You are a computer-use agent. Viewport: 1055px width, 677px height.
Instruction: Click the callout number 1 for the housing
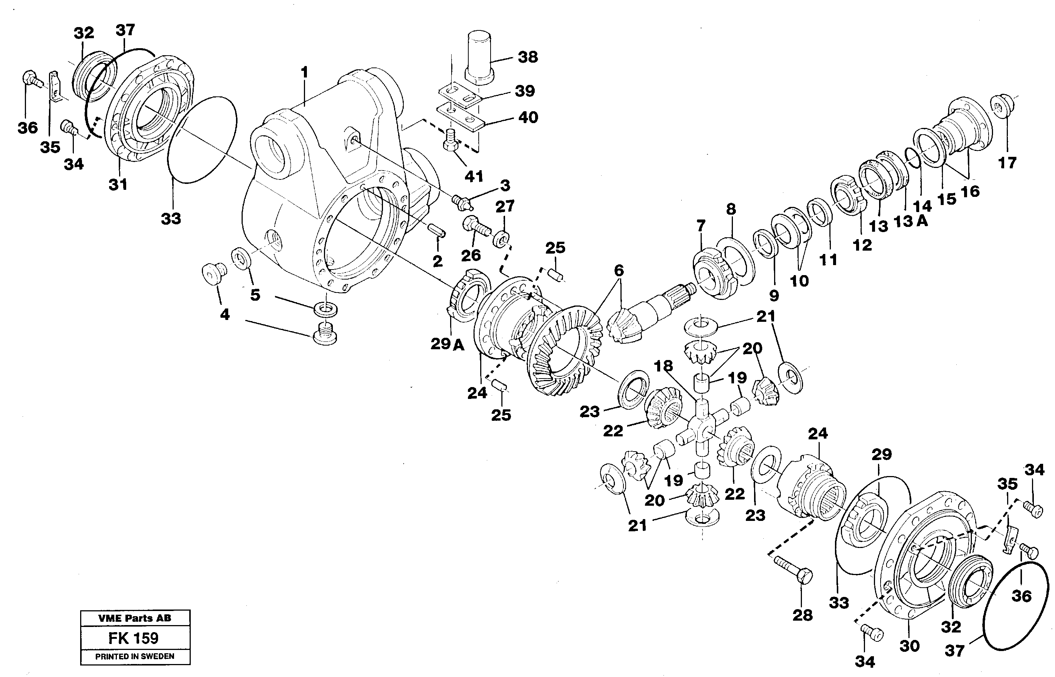(x=304, y=72)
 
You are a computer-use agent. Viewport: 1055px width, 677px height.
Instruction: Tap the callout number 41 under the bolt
(x=474, y=176)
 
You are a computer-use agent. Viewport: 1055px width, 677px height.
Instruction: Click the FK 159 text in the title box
(x=133, y=638)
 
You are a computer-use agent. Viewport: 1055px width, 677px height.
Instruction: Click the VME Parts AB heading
(x=135, y=618)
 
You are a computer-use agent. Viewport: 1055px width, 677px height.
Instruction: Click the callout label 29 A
(x=447, y=344)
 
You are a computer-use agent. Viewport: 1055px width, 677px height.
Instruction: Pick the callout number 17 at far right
(x=1007, y=163)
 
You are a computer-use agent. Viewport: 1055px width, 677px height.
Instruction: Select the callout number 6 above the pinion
(x=619, y=270)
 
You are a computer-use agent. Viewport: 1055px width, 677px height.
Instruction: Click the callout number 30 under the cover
(x=910, y=646)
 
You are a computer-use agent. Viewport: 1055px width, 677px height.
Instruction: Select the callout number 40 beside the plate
(x=528, y=118)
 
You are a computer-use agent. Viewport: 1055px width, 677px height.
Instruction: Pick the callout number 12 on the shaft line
(x=862, y=245)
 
